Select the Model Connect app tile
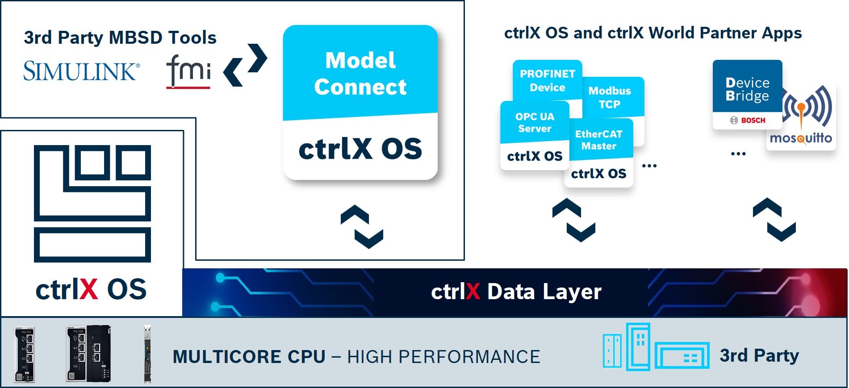[360, 102]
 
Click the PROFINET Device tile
[547, 80]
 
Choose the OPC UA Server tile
[535, 134]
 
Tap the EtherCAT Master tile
[598, 151]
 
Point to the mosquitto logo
[801, 118]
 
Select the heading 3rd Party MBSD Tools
[120, 38]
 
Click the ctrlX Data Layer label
[516, 292]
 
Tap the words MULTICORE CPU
[249, 357]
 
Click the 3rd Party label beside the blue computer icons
[759, 355]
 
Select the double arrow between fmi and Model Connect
[245, 65]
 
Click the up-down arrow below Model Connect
[362, 226]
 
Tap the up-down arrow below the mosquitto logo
[774, 220]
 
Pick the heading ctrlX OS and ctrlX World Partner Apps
[652, 33]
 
